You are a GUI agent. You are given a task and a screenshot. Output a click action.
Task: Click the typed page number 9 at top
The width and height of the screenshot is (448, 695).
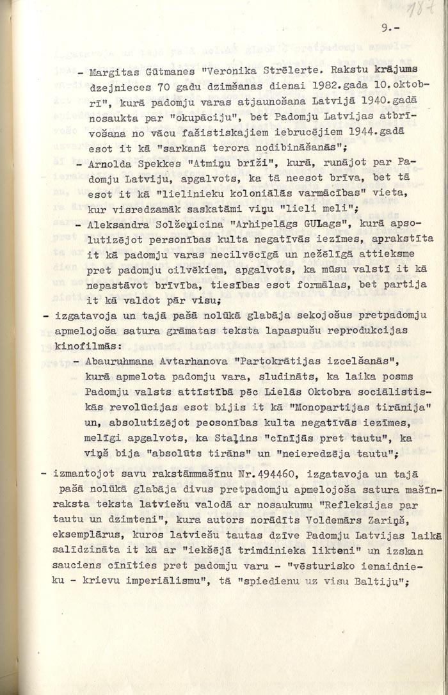384,28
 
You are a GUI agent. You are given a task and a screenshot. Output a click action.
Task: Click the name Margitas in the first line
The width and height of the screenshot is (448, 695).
111,72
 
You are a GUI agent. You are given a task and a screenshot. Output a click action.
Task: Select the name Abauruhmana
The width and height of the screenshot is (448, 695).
129,360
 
